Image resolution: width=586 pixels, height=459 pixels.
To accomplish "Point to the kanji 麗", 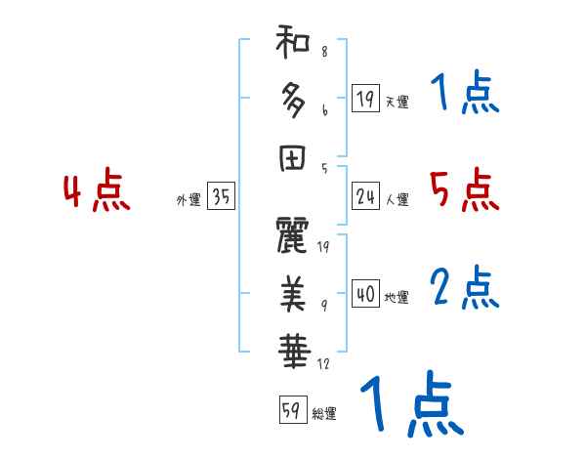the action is (293, 237).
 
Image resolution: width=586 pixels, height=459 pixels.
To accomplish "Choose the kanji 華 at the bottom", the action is (293, 348).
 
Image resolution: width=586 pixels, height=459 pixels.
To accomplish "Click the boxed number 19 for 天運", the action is (365, 98).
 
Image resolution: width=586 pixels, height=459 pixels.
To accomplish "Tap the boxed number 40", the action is (365, 294).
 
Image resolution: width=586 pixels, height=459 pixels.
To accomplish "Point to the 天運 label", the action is (397, 102).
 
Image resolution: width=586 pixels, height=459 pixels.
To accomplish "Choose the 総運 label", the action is (324, 413).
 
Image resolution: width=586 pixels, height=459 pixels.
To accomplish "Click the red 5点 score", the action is (464, 190).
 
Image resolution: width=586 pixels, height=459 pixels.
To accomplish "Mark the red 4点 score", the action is (97, 191).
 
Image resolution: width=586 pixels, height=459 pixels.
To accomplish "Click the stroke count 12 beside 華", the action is (322, 363).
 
